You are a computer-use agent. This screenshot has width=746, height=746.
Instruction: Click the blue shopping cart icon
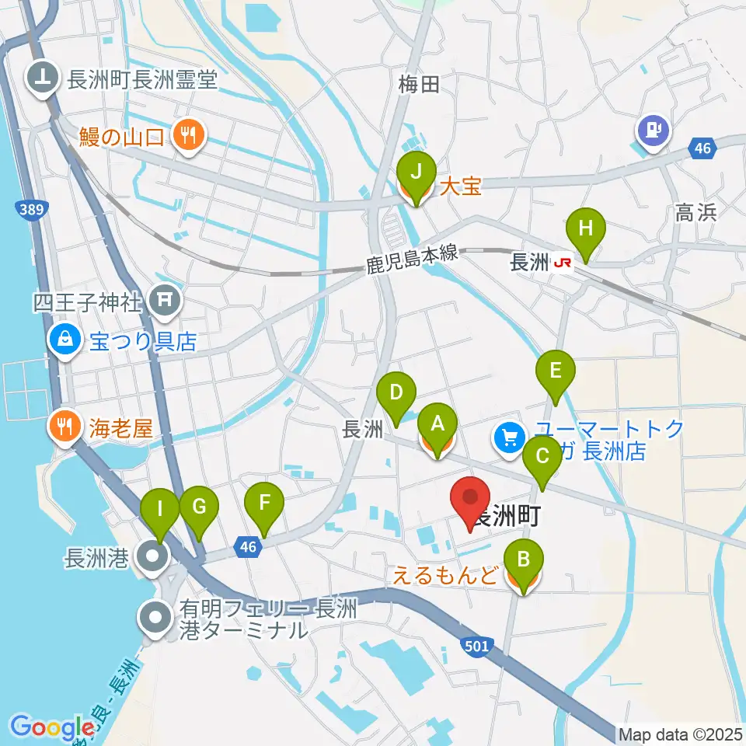tap(510, 439)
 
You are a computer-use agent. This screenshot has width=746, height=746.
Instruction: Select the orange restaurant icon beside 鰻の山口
tap(187, 138)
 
